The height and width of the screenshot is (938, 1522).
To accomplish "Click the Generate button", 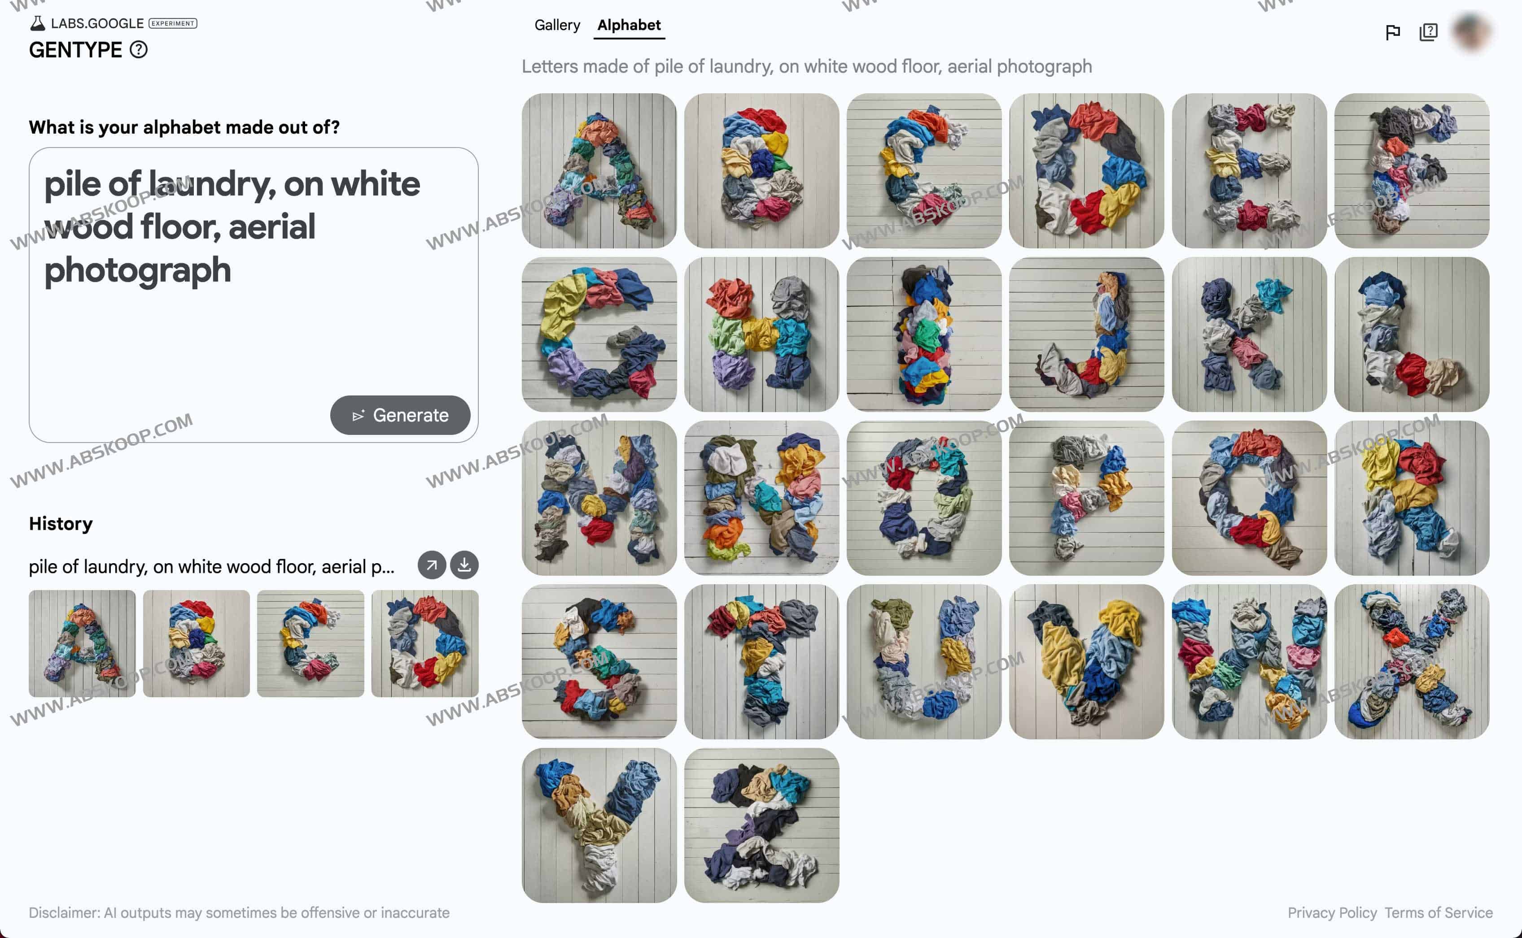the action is [x=400, y=415].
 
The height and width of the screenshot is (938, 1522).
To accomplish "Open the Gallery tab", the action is [x=557, y=25].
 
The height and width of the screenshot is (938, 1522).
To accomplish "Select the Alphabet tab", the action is [x=629, y=25].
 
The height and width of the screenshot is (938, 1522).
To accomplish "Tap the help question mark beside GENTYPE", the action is [x=138, y=50].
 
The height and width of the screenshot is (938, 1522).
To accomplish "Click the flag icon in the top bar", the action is [x=1392, y=32].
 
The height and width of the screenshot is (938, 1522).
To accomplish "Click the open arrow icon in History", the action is [x=431, y=565].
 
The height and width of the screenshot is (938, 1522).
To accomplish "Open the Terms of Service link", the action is [x=1438, y=912].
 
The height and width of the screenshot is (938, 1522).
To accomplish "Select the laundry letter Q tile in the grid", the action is [x=1249, y=498].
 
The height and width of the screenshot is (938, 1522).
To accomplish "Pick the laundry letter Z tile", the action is [x=761, y=825].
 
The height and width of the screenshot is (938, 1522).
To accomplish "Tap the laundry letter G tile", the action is [x=599, y=334].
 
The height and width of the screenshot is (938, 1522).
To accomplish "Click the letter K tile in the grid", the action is [x=1249, y=334].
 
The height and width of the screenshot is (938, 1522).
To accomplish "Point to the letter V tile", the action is [x=1086, y=661].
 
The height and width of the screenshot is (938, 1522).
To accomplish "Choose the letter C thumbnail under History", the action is [x=311, y=643].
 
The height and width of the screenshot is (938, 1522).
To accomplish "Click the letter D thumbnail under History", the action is [x=424, y=643].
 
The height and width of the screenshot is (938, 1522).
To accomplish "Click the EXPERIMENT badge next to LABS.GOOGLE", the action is [x=173, y=24].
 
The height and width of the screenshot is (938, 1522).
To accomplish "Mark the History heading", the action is [x=61, y=524].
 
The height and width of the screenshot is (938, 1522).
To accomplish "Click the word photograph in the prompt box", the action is [x=138, y=270].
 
